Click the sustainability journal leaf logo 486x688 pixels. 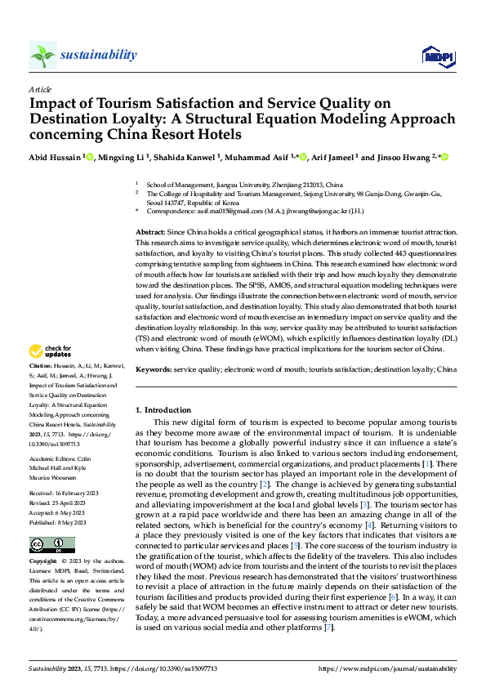42,56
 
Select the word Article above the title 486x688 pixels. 40,89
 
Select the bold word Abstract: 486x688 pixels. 153,233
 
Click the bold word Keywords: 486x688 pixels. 154,370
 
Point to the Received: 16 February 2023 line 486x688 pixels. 64,494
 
